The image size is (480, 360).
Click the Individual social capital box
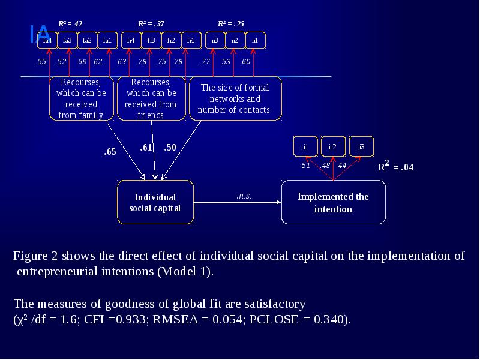155,202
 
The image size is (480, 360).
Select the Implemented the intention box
333,202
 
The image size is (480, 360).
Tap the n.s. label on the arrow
244,196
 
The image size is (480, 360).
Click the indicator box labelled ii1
305,146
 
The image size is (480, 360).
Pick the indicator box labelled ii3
361,146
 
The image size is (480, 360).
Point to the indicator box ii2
332,146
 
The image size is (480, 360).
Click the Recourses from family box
81,98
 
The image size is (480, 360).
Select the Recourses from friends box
151,98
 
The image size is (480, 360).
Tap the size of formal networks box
235,98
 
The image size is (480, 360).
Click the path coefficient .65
110,152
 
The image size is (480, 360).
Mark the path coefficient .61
146,147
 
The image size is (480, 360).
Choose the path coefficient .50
170,147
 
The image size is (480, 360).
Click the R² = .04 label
395,167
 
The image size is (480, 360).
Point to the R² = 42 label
70,24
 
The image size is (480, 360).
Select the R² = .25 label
231,24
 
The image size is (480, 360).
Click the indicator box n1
255,40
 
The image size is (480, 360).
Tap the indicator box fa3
67,40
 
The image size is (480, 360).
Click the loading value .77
205,62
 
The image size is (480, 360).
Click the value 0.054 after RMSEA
229,319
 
